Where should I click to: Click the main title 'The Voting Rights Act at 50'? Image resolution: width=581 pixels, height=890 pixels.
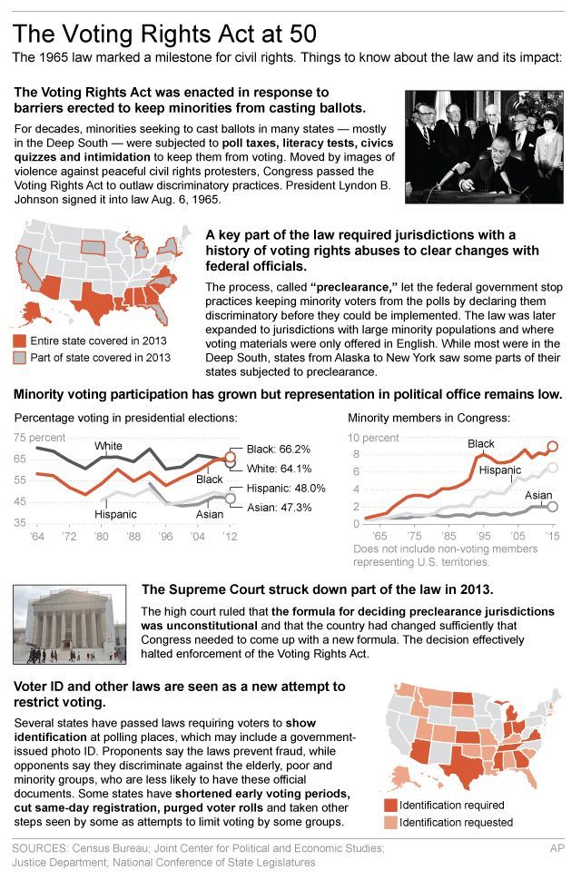(x=164, y=35)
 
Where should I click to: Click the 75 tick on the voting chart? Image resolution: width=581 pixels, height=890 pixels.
(x=18, y=438)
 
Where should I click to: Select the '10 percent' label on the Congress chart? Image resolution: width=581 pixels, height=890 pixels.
(x=374, y=438)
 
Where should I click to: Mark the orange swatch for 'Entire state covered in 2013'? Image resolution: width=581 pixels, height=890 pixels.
(x=18, y=341)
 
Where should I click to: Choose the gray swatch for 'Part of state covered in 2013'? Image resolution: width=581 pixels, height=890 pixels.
(x=18, y=358)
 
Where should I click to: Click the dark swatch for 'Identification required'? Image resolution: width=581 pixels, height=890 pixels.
(x=390, y=805)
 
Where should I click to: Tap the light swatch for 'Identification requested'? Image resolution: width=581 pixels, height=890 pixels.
(x=390, y=822)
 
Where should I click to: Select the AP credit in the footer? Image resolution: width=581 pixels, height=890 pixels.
(x=559, y=848)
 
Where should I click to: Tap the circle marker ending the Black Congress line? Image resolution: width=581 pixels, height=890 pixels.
(x=553, y=447)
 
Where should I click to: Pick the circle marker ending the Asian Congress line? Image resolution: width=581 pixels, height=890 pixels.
(x=553, y=507)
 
